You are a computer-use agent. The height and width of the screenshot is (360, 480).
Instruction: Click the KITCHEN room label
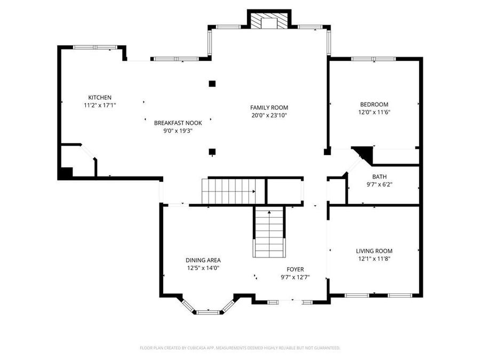[100, 98]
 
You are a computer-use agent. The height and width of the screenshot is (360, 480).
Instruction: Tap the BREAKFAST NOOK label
[178, 123]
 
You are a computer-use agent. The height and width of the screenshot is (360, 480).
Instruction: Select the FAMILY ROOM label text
[269, 108]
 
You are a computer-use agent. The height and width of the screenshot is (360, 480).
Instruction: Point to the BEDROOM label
[374, 105]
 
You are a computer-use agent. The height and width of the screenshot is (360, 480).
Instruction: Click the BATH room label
[379, 177]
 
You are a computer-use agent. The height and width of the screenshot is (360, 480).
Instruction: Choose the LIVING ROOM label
[374, 251]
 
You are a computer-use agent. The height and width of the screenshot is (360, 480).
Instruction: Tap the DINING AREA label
[203, 260]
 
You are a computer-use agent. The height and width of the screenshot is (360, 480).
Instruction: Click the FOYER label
[295, 269]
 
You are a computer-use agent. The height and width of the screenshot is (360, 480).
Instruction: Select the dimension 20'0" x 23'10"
[269, 115]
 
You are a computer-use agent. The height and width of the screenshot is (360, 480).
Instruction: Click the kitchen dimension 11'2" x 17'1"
[100, 105]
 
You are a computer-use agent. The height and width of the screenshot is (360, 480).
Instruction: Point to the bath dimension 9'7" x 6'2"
[379, 185]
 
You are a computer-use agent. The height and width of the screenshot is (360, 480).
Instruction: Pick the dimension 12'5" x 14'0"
[203, 268]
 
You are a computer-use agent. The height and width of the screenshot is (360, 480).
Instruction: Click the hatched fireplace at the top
[269, 21]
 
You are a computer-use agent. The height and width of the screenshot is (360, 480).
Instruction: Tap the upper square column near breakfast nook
[212, 84]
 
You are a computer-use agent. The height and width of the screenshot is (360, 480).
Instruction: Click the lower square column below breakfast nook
[212, 151]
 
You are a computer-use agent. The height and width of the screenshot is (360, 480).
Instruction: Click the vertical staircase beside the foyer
[269, 233]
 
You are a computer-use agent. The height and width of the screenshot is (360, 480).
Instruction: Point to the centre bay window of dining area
[208, 312]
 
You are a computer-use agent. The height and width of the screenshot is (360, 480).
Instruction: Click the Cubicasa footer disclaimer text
[240, 348]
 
